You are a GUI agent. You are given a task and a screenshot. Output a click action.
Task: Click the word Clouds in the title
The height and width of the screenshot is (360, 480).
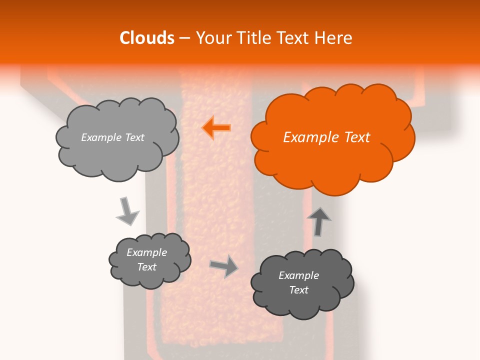[x=147, y=38]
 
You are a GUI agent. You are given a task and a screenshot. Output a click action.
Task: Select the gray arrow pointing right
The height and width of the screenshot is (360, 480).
[x=224, y=266]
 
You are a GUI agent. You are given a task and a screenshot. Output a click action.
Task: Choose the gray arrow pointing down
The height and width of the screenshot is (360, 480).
[x=127, y=211]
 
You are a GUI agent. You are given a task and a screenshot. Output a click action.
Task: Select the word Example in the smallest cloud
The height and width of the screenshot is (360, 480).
[x=146, y=252]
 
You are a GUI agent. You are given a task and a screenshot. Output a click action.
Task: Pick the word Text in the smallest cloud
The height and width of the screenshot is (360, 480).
[x=146, y=267]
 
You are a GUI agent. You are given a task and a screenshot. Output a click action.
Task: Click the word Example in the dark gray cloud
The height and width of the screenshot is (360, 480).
[x=298, y=275]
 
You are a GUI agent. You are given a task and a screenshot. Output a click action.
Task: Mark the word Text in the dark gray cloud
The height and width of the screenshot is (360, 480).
[x=298, y=290]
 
